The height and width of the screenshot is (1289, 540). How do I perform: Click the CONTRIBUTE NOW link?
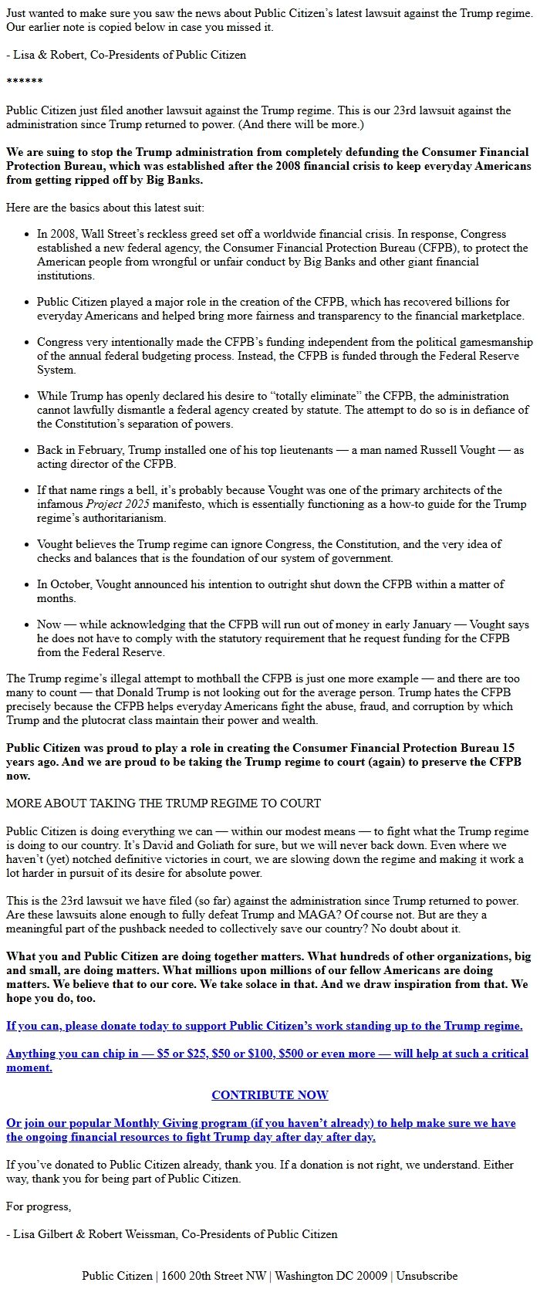point(269,1094)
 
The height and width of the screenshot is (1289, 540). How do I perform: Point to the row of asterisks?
point(24,83)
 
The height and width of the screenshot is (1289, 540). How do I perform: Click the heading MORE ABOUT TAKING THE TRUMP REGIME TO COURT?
point(163,803)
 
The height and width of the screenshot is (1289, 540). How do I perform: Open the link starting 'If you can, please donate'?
point(264,1026)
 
